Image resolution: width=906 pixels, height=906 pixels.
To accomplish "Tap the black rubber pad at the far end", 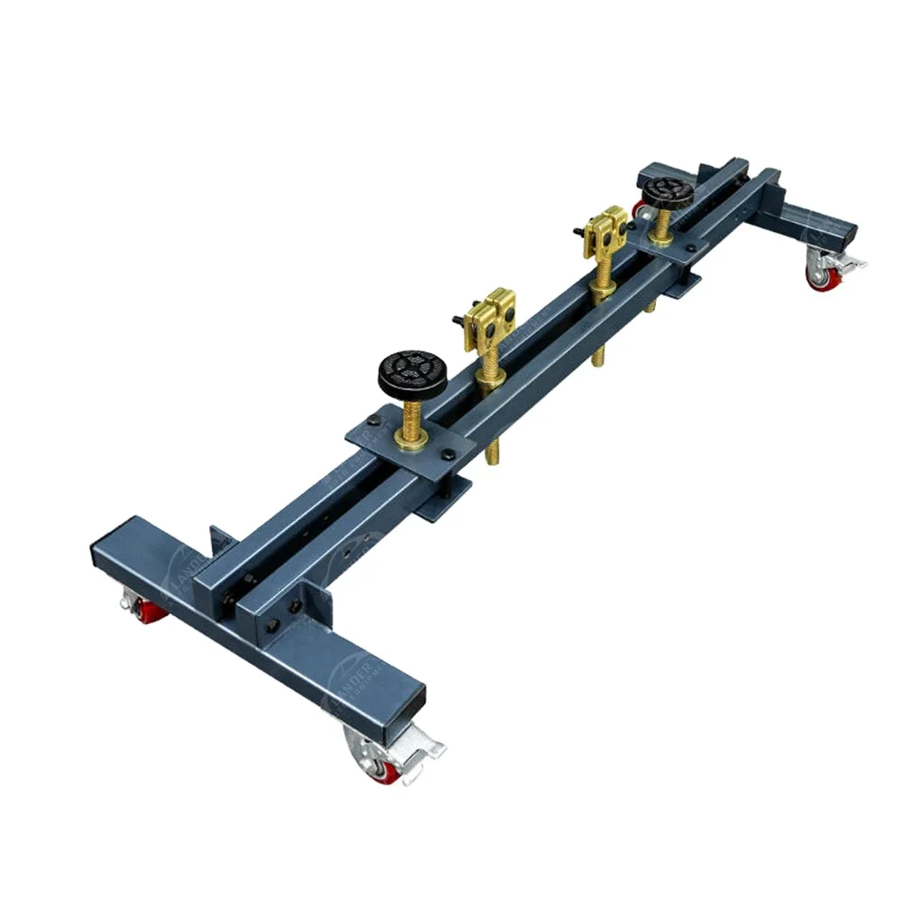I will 669,191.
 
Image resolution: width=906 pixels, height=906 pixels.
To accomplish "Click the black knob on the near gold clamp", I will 458,318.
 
